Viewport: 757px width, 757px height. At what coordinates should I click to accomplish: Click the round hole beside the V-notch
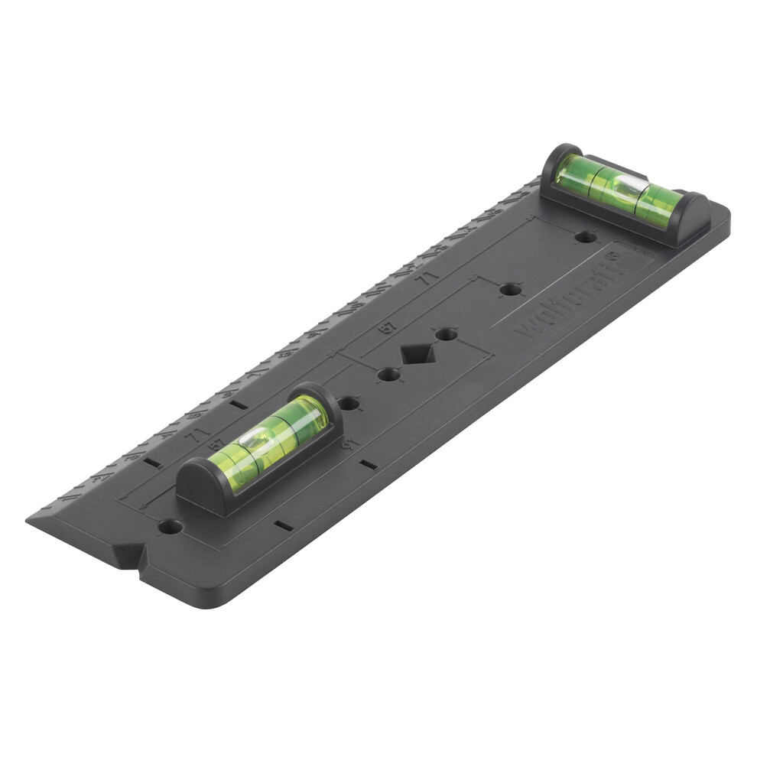[x=170, y=527]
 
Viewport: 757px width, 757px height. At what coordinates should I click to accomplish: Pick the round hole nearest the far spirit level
[x=584, y=238]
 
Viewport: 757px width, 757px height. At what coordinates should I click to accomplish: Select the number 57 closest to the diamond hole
[x=389, y=328]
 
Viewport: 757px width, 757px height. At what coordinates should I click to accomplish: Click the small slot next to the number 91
[x=369, y=463]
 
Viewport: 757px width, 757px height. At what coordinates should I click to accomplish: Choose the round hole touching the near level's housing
[x=349, y=402]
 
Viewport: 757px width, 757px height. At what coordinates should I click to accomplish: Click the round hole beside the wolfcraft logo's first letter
[x=509, y=291]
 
